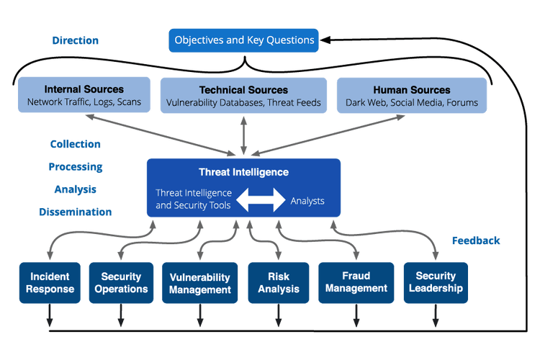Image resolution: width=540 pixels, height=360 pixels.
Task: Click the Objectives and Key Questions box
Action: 245,40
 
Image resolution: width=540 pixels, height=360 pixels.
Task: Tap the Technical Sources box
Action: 243,96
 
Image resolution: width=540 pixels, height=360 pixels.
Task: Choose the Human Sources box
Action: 412,96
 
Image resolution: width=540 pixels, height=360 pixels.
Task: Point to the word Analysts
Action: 307,201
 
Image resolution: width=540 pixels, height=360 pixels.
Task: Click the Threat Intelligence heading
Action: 243,172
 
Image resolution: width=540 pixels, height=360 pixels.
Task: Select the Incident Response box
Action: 50,283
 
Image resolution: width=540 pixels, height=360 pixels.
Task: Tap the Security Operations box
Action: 121,283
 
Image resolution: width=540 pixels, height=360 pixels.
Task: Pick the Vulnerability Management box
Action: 200,283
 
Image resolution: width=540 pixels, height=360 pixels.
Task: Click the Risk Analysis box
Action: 279,283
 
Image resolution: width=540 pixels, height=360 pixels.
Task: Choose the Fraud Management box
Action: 356,283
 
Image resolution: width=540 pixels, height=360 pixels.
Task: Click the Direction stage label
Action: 76,40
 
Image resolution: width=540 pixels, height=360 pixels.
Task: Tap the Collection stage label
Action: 76,144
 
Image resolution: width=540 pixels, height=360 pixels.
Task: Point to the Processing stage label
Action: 76,167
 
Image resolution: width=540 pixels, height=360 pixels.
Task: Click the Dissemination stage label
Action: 76,212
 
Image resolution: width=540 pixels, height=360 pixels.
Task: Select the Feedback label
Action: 475,240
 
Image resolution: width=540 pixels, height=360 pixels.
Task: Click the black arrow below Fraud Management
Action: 356,315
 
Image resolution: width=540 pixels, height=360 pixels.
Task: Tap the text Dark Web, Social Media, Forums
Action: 412,103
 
